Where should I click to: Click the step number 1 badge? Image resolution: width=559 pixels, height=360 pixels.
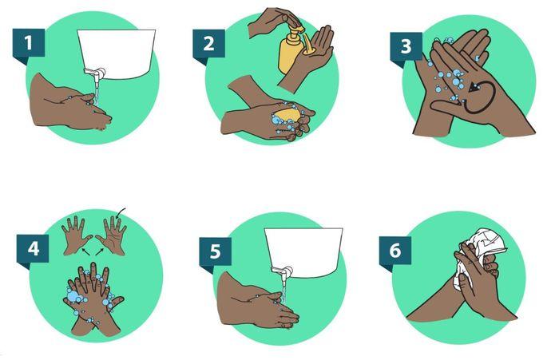click(29, 43)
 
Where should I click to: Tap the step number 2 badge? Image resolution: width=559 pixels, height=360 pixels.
click(209, 43)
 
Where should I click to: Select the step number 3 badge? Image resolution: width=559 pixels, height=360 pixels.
click(406, 46)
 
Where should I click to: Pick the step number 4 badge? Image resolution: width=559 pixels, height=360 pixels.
click(34, 248)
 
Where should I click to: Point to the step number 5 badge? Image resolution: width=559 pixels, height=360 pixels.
click(216, 251)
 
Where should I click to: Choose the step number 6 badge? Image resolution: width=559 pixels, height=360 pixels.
click(395, 251)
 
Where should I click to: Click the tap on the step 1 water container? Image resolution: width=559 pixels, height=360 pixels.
click(95, 73)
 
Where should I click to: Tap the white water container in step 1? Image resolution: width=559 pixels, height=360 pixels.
click(117, 54)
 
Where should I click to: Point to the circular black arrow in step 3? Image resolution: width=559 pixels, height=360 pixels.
click(480, 97)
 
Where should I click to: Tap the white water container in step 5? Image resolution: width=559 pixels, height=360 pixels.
click(303, 252)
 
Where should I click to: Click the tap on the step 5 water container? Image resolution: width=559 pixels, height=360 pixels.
click(283, 271)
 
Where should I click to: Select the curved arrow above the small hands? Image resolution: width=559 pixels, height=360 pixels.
click(121, 212)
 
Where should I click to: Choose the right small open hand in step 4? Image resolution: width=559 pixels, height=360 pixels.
click(112, 235)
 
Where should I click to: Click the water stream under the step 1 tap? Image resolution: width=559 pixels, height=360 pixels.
click(97, 93)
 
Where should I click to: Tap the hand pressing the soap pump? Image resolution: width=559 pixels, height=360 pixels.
click(273, 21)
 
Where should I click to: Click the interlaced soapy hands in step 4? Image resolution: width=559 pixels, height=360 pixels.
click(93, 299)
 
